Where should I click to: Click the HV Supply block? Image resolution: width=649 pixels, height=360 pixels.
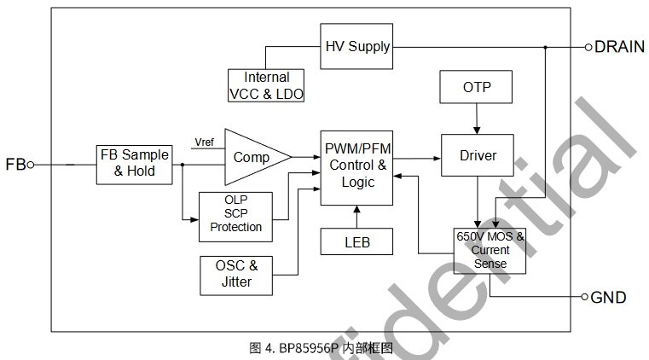tap(356, 47)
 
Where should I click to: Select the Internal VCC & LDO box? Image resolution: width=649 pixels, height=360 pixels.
tap(267, 85)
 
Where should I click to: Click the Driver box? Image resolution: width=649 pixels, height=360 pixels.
tap(477, 156)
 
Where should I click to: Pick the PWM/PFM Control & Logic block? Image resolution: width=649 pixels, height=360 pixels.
tap(356, 167)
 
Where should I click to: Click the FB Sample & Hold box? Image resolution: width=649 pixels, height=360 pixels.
tap(134, 162)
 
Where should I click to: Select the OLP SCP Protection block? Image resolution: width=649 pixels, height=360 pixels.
tap(235, 217)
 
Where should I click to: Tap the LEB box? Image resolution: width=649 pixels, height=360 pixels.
tap(357, 241)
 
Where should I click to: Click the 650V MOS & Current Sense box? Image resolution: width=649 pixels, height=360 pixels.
tap(489, 251)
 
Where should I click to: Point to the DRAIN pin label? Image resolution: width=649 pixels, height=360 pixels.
tap(620, 47)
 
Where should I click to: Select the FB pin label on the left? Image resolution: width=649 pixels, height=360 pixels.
tap(15, 164)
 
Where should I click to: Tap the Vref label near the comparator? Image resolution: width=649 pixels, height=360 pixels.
tap(205, 142)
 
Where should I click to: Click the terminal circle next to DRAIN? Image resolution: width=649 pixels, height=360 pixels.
tap(588, 47)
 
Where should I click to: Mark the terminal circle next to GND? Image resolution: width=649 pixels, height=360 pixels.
tap(585, 298)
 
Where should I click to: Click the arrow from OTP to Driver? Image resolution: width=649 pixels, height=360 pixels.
tap(476, 119)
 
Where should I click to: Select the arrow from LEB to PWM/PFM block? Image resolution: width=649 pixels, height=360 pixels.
tap(357, 217)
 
